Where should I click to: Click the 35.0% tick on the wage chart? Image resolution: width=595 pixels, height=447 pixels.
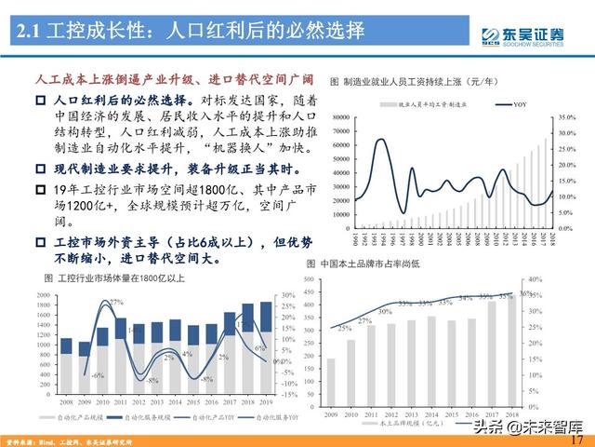[568, 116]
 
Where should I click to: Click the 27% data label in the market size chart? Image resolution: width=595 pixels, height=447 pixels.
[116, 304]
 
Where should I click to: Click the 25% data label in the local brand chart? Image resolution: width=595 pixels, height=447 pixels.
[343, 328]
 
